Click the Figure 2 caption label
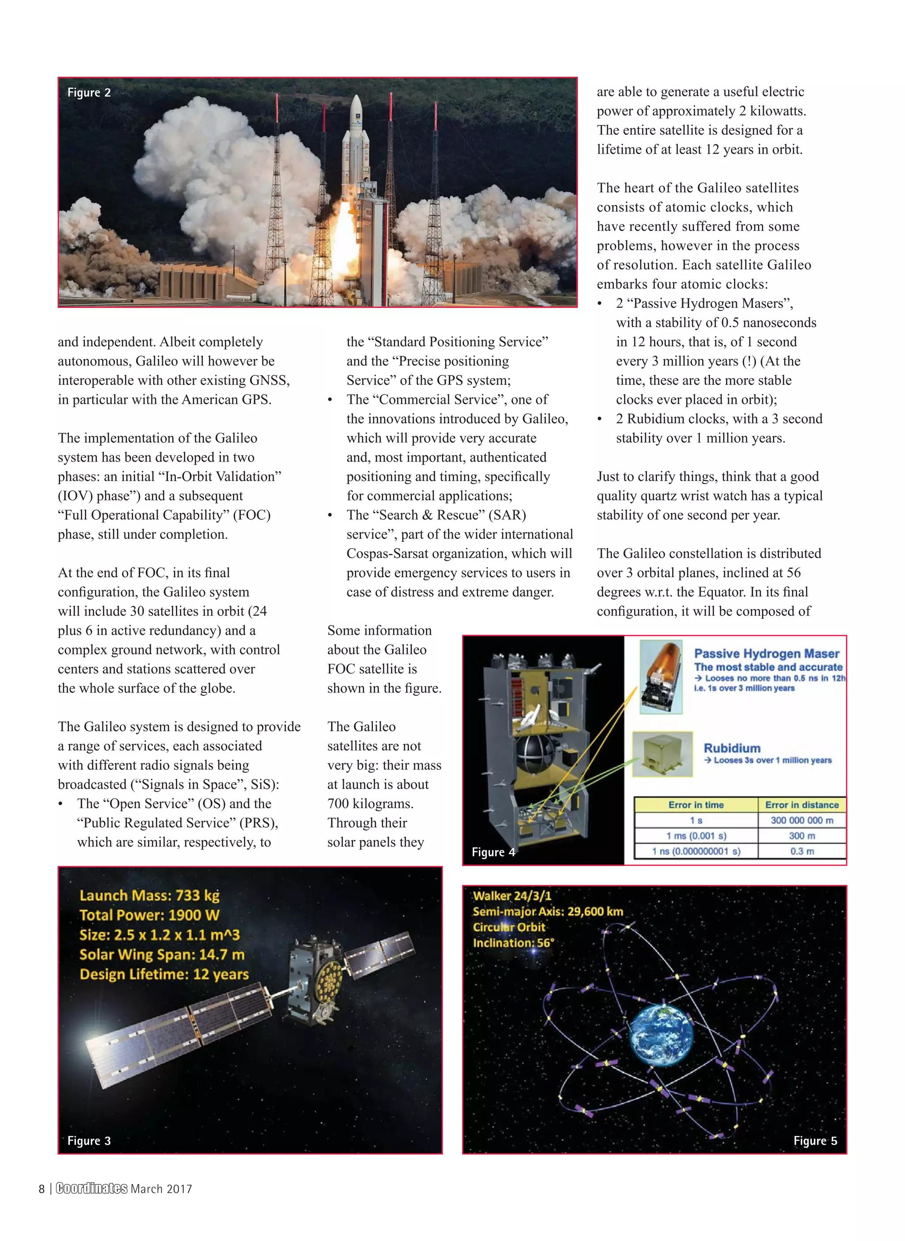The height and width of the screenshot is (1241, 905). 89,92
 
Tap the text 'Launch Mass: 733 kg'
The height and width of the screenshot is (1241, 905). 149,896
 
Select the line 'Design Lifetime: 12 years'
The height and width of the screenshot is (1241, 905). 164,974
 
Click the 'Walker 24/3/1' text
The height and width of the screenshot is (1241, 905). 512,896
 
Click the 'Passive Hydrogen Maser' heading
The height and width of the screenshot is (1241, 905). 766,654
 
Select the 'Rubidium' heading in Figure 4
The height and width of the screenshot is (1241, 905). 732,748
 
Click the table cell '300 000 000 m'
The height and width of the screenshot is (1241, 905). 802,821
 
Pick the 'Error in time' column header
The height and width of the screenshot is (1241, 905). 696,805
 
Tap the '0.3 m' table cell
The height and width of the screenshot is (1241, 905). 802,851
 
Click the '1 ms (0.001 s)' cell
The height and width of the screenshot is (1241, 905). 696,836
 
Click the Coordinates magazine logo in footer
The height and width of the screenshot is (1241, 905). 91,1188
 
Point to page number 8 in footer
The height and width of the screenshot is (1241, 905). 42,1189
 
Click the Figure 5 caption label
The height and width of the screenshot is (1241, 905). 814,1141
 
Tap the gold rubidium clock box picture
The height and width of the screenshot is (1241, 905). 662,754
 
